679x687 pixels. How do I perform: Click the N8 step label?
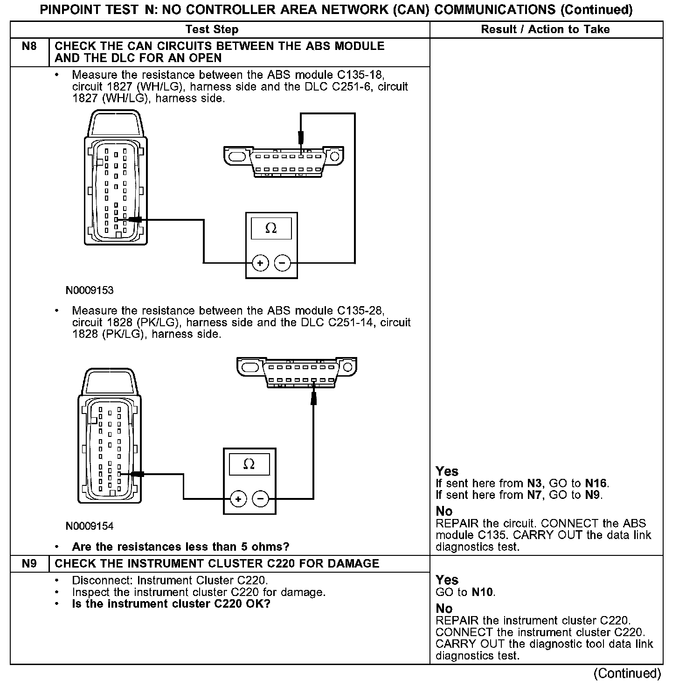(x=29, y=46)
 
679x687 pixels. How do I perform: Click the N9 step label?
(x=29, y=563)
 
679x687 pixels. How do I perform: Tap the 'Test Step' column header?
(x=212, y=29)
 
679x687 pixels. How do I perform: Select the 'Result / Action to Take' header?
(x=545, y=29)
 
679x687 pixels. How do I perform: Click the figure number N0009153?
(x=90, y=290)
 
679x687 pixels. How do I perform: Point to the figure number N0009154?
(x=90, y=526)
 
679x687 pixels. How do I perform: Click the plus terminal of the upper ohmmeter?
(x=260, y=264)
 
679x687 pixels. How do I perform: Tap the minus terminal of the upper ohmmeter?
(x=282, y=264)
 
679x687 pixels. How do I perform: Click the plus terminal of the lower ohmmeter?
(x=238, y=499)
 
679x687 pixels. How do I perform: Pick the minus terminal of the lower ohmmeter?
(x=260, y=499)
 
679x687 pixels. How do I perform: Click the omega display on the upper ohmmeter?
(x=271, y=229)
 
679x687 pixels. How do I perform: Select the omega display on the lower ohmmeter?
(x=249, y=464)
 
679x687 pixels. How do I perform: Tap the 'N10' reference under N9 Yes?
(x=482, y=592)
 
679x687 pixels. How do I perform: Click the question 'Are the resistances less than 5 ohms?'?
(x=180, y=547)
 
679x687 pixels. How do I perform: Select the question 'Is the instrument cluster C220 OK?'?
(x=171, y=604)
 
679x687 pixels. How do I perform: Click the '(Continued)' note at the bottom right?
(x=627, y=673)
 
